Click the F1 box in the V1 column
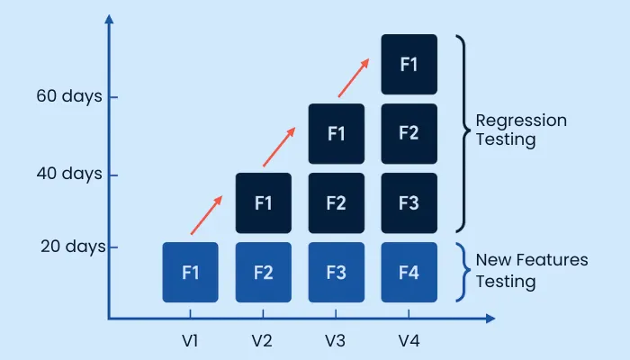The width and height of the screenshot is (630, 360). click(190, 272)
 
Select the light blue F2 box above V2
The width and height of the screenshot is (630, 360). click(263, 272)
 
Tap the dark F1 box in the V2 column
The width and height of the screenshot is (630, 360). click(263, 202)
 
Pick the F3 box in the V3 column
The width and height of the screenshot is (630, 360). click(336, 272)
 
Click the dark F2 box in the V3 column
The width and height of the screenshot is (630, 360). click(336, 202)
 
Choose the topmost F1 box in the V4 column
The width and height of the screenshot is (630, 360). click(409, 64)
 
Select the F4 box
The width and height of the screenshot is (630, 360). click(409, 272)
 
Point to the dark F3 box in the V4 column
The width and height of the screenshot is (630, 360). click(409, 202)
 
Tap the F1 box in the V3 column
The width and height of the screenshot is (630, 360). click(336, 133)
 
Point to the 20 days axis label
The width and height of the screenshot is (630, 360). click(73, 246)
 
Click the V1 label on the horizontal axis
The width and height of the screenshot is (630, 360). click(190, 341)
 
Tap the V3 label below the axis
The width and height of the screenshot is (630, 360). click(336, 341)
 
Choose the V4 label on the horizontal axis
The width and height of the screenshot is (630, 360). click(409, 341)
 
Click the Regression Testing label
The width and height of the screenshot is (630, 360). click(520, 130)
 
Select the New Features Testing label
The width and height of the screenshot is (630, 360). click(531, 271)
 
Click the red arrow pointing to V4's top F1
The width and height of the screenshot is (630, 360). click(354, 77)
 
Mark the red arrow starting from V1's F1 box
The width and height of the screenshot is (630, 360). click(206, 215)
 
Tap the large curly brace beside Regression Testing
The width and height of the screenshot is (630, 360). click(462, 133)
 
